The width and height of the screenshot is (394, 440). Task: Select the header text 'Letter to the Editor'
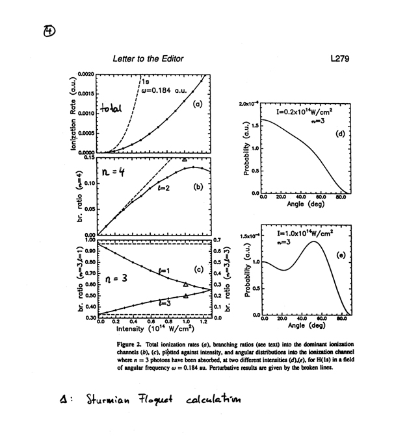148,58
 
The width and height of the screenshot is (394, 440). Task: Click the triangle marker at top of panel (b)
185,159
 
